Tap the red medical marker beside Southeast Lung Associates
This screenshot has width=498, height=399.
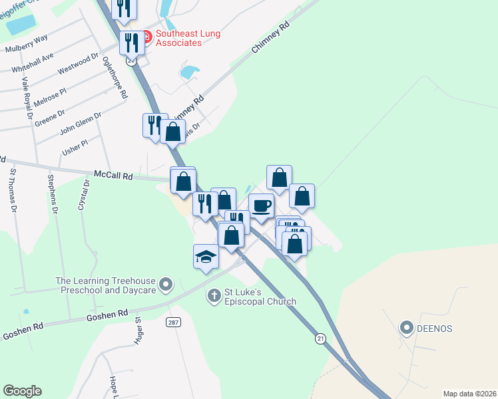point(146,35)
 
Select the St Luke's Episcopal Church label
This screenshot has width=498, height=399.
point(260,296)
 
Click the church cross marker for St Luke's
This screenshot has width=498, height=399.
point(214,295)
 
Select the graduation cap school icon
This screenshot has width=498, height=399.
point(206,257)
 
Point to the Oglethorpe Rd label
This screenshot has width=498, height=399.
point(115,76)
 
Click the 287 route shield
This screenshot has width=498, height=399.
point(174,322)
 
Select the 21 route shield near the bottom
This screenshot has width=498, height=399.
point(321,338)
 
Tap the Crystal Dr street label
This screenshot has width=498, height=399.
point(83,195)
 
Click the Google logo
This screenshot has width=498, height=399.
point(22,391)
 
